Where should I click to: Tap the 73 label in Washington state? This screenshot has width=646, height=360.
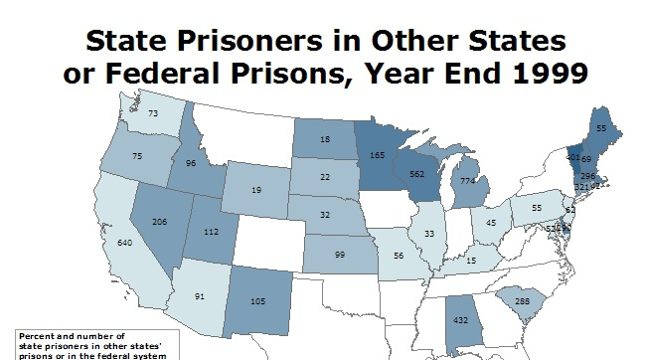pyautogui.click(x=153, y=114)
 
